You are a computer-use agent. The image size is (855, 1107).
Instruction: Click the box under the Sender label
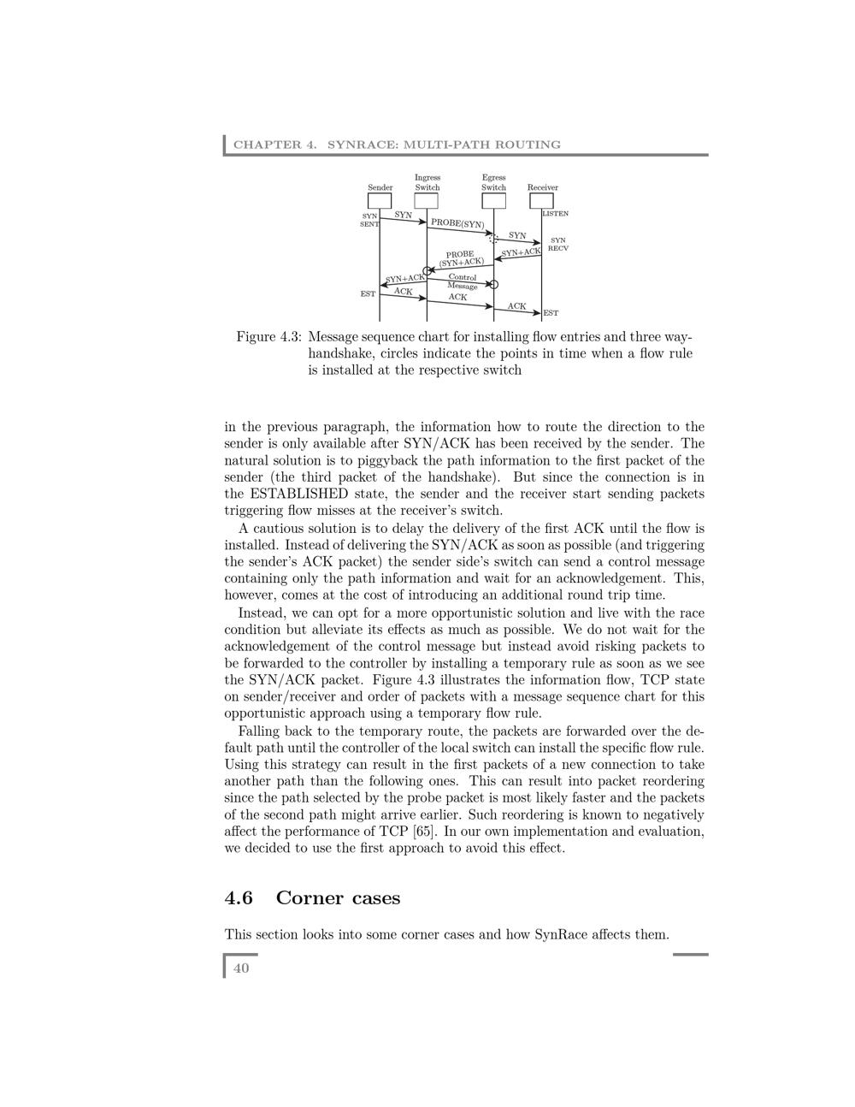[380, 201]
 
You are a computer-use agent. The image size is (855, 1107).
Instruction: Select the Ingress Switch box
[427, 201]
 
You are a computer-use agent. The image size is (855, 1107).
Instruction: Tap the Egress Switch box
[493, 201]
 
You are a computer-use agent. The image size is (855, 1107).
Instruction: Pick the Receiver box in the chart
[542, 201]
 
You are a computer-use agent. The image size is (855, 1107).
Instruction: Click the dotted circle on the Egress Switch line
[493, 239]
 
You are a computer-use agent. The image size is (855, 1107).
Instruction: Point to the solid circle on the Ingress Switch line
[427, 271]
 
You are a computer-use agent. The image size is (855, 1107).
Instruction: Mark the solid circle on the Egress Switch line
[493, 284]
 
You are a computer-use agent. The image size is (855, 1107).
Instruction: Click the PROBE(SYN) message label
[457, 224]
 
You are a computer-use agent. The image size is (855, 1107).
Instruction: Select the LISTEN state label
[555, 214]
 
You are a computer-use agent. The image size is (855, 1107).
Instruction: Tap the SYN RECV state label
[558, 245]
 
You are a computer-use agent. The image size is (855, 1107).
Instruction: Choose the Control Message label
[463, 281]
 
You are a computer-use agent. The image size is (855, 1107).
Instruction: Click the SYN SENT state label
[369, 220]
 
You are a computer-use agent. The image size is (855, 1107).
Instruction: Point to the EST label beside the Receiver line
[551, 313]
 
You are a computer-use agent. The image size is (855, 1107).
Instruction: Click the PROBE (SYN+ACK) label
[461, 258]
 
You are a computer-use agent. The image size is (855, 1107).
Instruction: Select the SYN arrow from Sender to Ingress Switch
[403, 219]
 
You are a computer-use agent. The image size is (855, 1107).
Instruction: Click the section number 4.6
[239, 898]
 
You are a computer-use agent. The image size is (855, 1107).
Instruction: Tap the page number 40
[241, 968]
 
